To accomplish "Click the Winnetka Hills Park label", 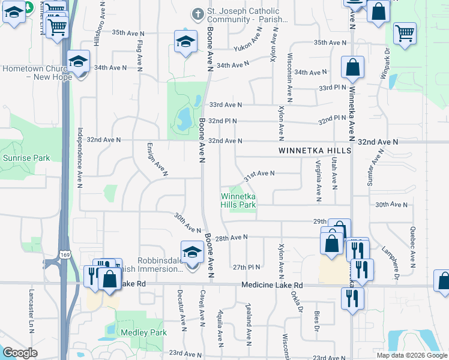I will pyautogui.click(x=238, y=200).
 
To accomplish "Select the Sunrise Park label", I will pyautogui.click(x=26, y=158).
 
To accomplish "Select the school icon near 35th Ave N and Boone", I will pyautogui.click(x=185, y=41).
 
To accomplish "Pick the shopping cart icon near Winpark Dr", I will pyautogui.click(x=405, y=34).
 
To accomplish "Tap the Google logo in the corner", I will pyautogui.click(x=20, y=353).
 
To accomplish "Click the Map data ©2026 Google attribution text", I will pyautogui.click(x=411, y=355).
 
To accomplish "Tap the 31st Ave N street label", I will pyautogui.click(x=259, y=175).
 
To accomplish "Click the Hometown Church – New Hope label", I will pyautogui.click(x=37, y=72).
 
